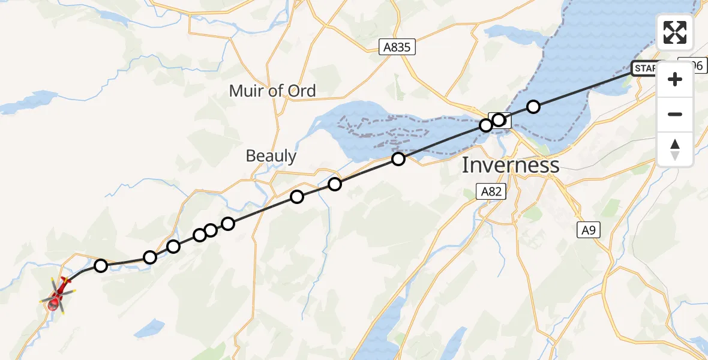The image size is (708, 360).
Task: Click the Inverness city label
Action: pos(510,165)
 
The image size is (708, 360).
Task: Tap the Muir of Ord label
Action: pos(272,91)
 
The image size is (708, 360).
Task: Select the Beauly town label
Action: pos(271,156)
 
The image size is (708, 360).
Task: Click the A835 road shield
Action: pos(397,47)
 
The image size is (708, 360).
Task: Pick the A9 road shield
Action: pos(587,229)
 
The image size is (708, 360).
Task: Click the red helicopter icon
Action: pos(58,295)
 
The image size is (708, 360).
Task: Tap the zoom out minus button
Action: pos(675,114)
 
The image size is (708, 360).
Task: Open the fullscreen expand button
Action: pos(675,32)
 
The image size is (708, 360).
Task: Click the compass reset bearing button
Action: pos(675,149)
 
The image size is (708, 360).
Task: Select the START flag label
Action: pos(646,68)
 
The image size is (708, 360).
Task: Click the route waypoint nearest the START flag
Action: pos(533,107)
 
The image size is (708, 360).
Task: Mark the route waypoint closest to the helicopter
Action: pos(101,265)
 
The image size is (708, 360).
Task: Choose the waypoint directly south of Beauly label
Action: pos(297,197)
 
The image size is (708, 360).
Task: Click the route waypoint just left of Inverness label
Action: pos(398,159)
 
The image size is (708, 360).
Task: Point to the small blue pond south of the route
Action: pos(149,328)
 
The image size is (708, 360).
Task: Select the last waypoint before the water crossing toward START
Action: pos(499,120)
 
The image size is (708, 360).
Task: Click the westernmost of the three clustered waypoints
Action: pos(200,235)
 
